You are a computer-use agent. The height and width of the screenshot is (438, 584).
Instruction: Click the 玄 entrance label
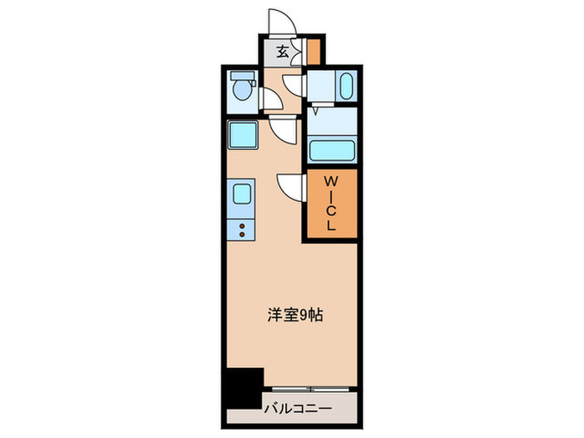click(284, 52)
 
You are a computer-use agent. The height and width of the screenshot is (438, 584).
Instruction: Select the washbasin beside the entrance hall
click(346, 86)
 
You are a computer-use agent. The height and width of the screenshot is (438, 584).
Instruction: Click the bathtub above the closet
click(331, 151)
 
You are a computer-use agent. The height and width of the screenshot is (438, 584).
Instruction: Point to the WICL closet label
click(330, 202)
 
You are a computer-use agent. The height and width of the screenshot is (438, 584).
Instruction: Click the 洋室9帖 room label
click(295, 315)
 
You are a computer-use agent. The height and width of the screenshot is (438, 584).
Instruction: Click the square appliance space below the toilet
click(243, 133)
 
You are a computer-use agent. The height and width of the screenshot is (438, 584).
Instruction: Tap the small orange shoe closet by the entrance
click(313, 52)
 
